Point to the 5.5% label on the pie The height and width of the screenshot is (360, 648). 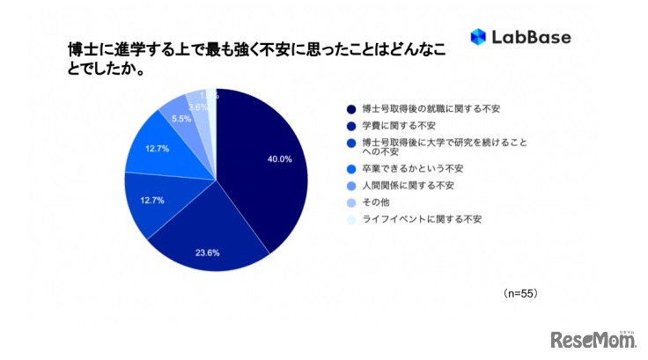(x=180, y=118)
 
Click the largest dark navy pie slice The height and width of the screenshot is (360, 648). (x=264, y=176)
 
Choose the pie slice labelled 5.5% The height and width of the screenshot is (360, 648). (x=174, y=110)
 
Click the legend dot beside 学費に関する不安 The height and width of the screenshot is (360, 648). (x=351, y=125)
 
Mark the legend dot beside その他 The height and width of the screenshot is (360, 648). (x=351, y=202)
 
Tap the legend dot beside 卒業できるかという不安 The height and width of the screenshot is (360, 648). (x=351, y=167)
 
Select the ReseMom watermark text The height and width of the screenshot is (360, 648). (x=592, y=339)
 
